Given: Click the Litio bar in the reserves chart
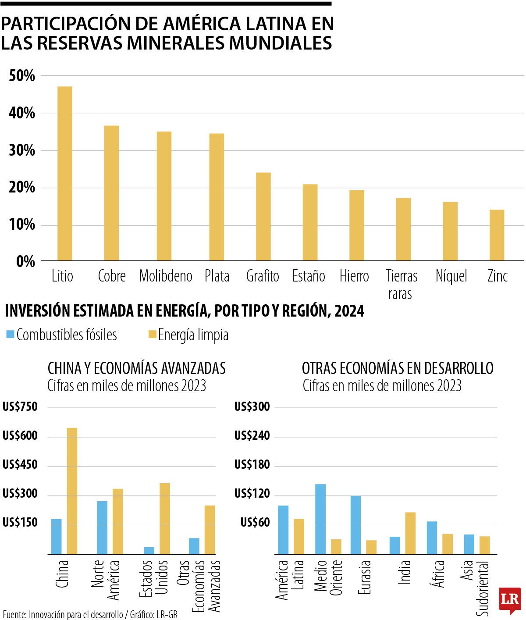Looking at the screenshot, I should [65, 174].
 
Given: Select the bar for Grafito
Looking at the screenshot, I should [263, 217].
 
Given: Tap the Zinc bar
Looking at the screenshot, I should [497, 235].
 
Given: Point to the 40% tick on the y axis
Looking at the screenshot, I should [21, 113].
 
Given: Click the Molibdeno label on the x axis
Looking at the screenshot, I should [166, 276].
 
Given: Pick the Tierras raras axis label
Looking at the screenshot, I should [401, 285].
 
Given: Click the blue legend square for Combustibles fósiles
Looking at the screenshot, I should [10, 335].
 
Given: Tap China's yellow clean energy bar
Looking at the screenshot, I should [72, 491].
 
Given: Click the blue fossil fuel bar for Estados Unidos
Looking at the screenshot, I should [149, 550].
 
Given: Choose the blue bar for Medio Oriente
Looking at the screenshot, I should [320, 519].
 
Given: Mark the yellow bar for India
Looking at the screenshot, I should [410, 533].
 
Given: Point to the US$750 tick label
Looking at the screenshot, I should [20, 407].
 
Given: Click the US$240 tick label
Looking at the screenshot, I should [252, 436].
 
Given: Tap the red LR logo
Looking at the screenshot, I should [509, 600].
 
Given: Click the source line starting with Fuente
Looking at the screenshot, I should [90, 615].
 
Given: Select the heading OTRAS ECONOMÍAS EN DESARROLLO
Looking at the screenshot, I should [398, 368].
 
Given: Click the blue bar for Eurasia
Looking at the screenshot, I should [355, 524].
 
